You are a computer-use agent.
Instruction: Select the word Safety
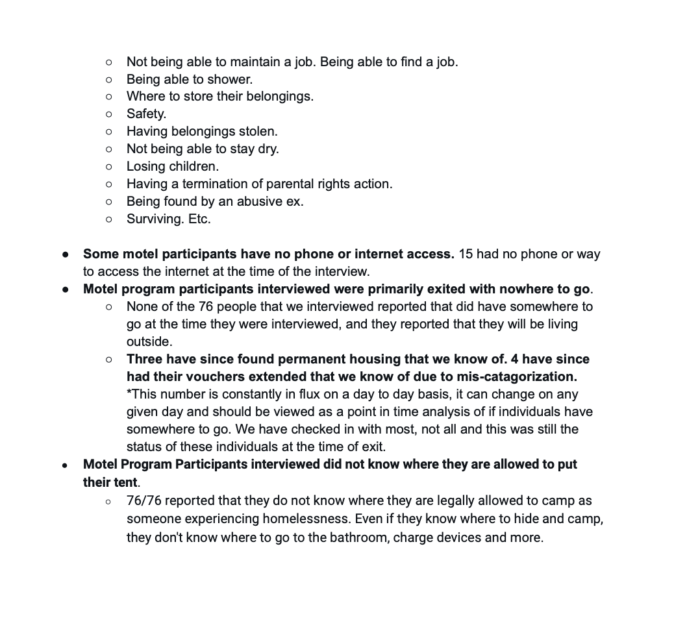(145, 114)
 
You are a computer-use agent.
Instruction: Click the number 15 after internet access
(466, 254)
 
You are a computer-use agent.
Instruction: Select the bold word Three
(145, 359)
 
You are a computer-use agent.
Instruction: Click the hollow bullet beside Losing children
(109, 167)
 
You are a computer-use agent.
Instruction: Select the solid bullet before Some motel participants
(66, 254)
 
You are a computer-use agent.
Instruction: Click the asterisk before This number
(129, 393)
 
